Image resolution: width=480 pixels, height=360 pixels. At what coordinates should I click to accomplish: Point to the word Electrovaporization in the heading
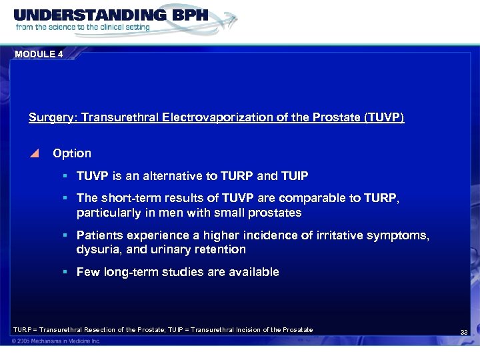[209, 117]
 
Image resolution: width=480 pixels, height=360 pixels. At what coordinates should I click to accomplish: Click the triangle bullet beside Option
[35, 153]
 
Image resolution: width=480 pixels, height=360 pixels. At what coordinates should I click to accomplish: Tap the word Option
[72, 153]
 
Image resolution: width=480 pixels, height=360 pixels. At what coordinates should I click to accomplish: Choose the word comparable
[306, 199]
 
